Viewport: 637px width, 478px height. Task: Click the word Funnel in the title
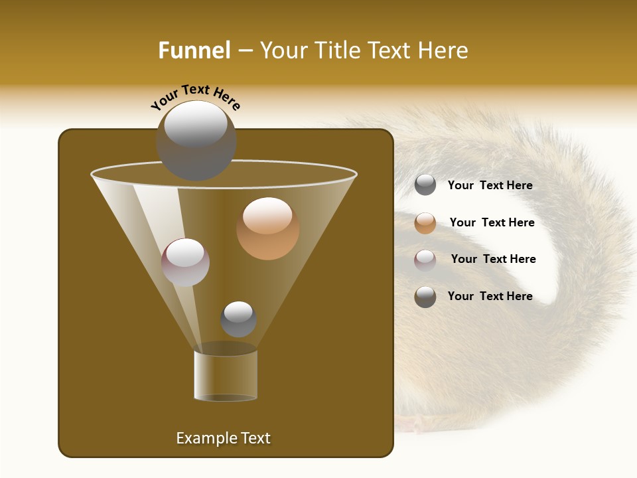coord(194,50)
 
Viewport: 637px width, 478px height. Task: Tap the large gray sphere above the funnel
coord(196,140)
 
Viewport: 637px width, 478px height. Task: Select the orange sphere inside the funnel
coord(268,230)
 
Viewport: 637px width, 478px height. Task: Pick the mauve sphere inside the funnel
coord(185,262)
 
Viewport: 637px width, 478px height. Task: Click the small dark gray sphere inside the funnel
coord(238,319)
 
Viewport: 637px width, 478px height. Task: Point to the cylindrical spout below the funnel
coord(226,375)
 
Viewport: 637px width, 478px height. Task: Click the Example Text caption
coord(223,438)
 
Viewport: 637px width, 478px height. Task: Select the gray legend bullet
coord(425,185)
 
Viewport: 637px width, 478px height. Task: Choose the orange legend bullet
coord(425,223)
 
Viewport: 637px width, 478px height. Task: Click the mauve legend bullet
coord(425,260)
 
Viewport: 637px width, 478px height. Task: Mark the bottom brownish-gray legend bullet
coord(425,297)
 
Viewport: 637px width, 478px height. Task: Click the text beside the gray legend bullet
coord(490,186)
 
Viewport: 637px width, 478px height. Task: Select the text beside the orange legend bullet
coord(492,223)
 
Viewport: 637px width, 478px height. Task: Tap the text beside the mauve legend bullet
coord(493,260)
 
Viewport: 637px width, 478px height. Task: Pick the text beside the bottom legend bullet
coord(490,296)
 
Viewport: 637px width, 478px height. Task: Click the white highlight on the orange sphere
coord(267,216)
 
